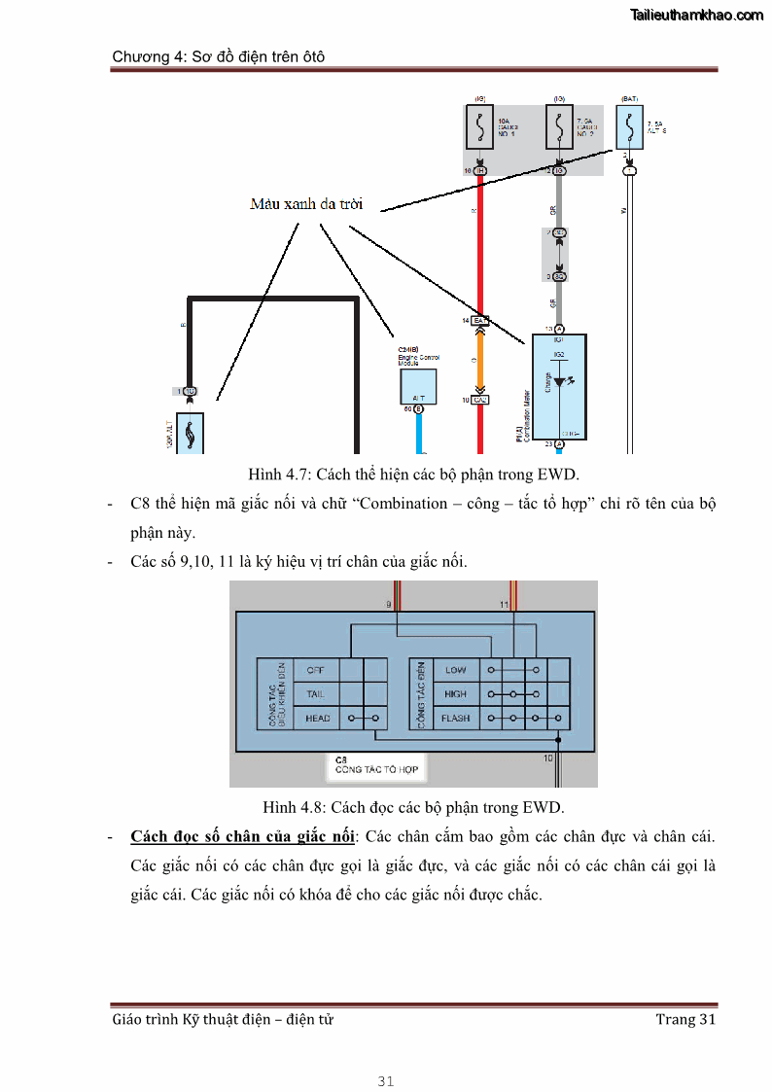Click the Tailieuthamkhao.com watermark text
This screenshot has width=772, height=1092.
[x=696, y=15]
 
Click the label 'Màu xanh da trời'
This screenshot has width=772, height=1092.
[x=305, y=204]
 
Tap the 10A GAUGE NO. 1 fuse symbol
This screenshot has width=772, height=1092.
[x=479, y=129]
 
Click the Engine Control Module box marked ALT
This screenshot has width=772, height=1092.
[x=418, y=386]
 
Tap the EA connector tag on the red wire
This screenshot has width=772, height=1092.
[x=480, y=320]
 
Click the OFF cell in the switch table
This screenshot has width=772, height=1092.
[x=316, y=670]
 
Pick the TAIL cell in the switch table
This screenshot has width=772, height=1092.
[x=316, y=694]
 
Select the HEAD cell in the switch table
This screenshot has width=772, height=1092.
[x=317, y=719]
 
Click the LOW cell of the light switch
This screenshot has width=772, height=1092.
[x=455, y=670]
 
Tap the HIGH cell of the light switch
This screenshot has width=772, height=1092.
[x=455, y=694]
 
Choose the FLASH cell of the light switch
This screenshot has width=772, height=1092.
[x=455, y=719]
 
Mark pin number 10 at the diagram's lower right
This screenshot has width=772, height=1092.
[x=548, y=757]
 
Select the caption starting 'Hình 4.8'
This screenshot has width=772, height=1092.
[x=413, y=807]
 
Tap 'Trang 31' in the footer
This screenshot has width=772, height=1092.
[x=685, y=1019]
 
